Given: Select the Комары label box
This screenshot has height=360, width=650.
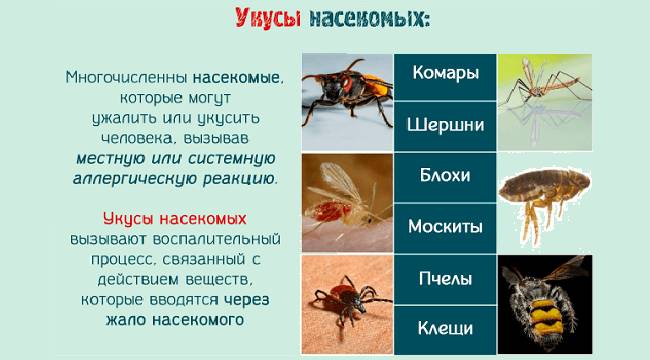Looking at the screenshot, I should [446, 74].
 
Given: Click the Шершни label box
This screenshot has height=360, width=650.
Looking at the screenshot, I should [446, 125].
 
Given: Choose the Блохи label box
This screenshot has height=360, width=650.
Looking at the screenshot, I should [446, 176].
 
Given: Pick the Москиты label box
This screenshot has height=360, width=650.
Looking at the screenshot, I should [446, 226].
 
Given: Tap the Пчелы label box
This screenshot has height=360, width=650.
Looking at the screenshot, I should [446, 278].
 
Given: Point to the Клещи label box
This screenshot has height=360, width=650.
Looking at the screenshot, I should [446, 328].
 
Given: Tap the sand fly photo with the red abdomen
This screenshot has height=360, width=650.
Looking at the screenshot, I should [347, 199].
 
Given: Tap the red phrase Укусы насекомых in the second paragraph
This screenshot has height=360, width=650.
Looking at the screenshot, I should [174, 219].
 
